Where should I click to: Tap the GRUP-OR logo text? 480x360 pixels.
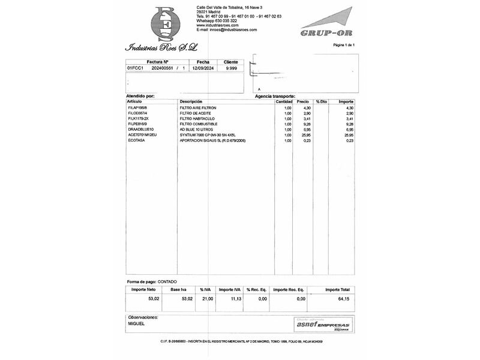click(x=323, y=34)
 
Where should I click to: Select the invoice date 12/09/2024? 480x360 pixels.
click(x=203, y=68)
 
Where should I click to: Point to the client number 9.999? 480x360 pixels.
click(x=231, y=68)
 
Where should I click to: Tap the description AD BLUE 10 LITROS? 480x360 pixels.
click(x=196, y=130)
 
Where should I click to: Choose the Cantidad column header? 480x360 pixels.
click(x=284, y=101)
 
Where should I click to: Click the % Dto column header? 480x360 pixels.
click(x=322, y=101)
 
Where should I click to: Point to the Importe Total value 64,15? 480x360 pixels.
click(x=343, y=298)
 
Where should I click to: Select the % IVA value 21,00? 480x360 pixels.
click(x=206, y=298)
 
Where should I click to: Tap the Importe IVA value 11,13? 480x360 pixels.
click(x=235, y=298)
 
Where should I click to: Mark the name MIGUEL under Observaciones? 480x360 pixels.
click(x=136, y=323)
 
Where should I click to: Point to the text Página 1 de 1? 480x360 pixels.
click(x=344, y=45)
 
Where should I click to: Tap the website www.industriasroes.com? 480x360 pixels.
click(x=217, y=25)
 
